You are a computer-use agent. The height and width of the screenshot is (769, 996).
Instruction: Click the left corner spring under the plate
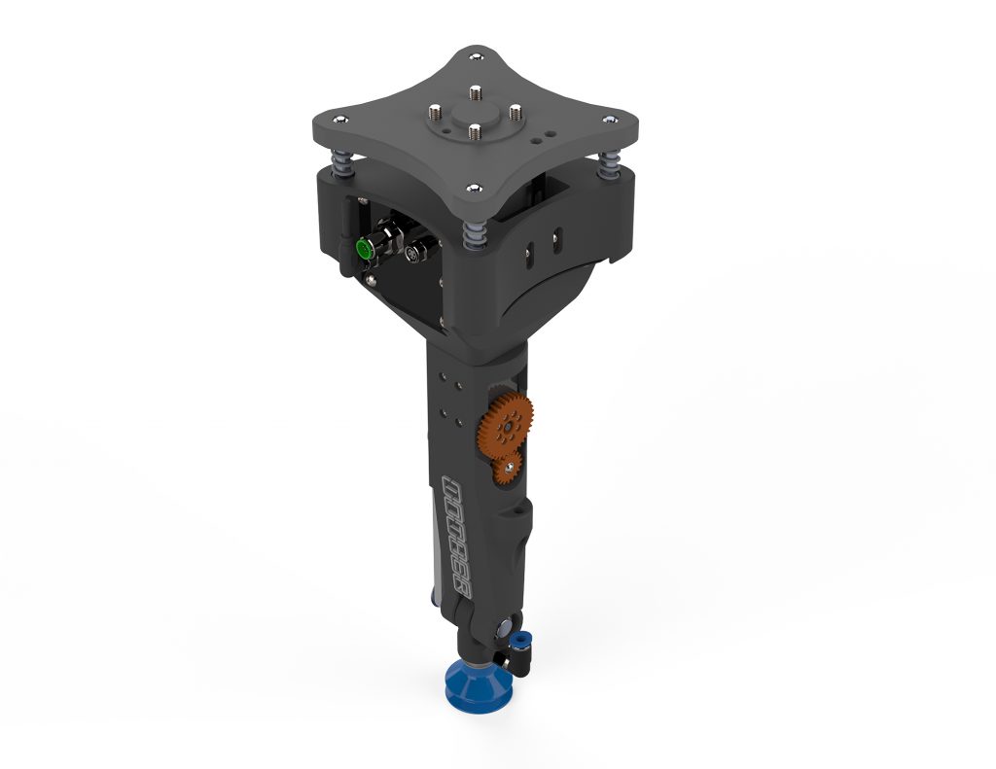point(342,161)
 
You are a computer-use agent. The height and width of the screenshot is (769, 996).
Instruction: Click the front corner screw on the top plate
point(472,189)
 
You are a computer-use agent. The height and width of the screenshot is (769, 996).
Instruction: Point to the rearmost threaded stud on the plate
point(476,92)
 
